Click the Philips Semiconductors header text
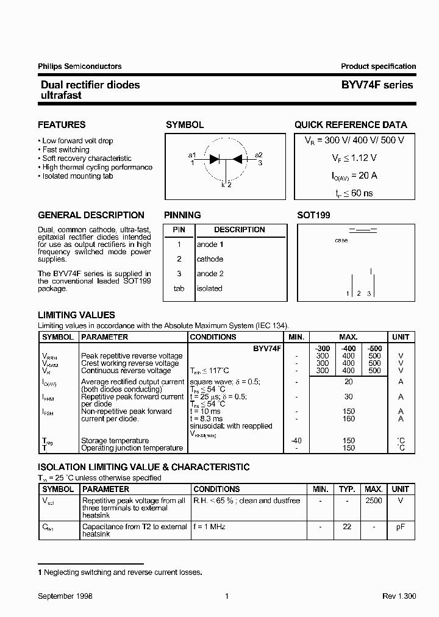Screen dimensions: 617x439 (79, 66)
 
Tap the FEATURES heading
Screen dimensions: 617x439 (62, 125)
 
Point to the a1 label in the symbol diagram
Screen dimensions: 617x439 (192, 155)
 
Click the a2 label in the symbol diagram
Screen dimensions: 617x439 (259, 155)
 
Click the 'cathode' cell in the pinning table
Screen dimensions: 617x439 (210, 259)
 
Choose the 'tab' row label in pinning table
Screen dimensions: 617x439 (179, 288)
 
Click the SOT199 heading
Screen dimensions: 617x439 (313, 215)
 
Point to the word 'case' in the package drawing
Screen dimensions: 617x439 (341, 241)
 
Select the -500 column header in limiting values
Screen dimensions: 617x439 (375, 348)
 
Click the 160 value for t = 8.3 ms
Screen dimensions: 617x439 (349, 419)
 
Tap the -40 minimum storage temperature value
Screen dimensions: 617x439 (296, 440)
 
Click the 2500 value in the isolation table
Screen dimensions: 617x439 (373, 501)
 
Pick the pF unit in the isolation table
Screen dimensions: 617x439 (401, 527)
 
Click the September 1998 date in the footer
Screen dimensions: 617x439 (65, 596)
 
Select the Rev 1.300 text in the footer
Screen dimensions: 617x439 (399, 596)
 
